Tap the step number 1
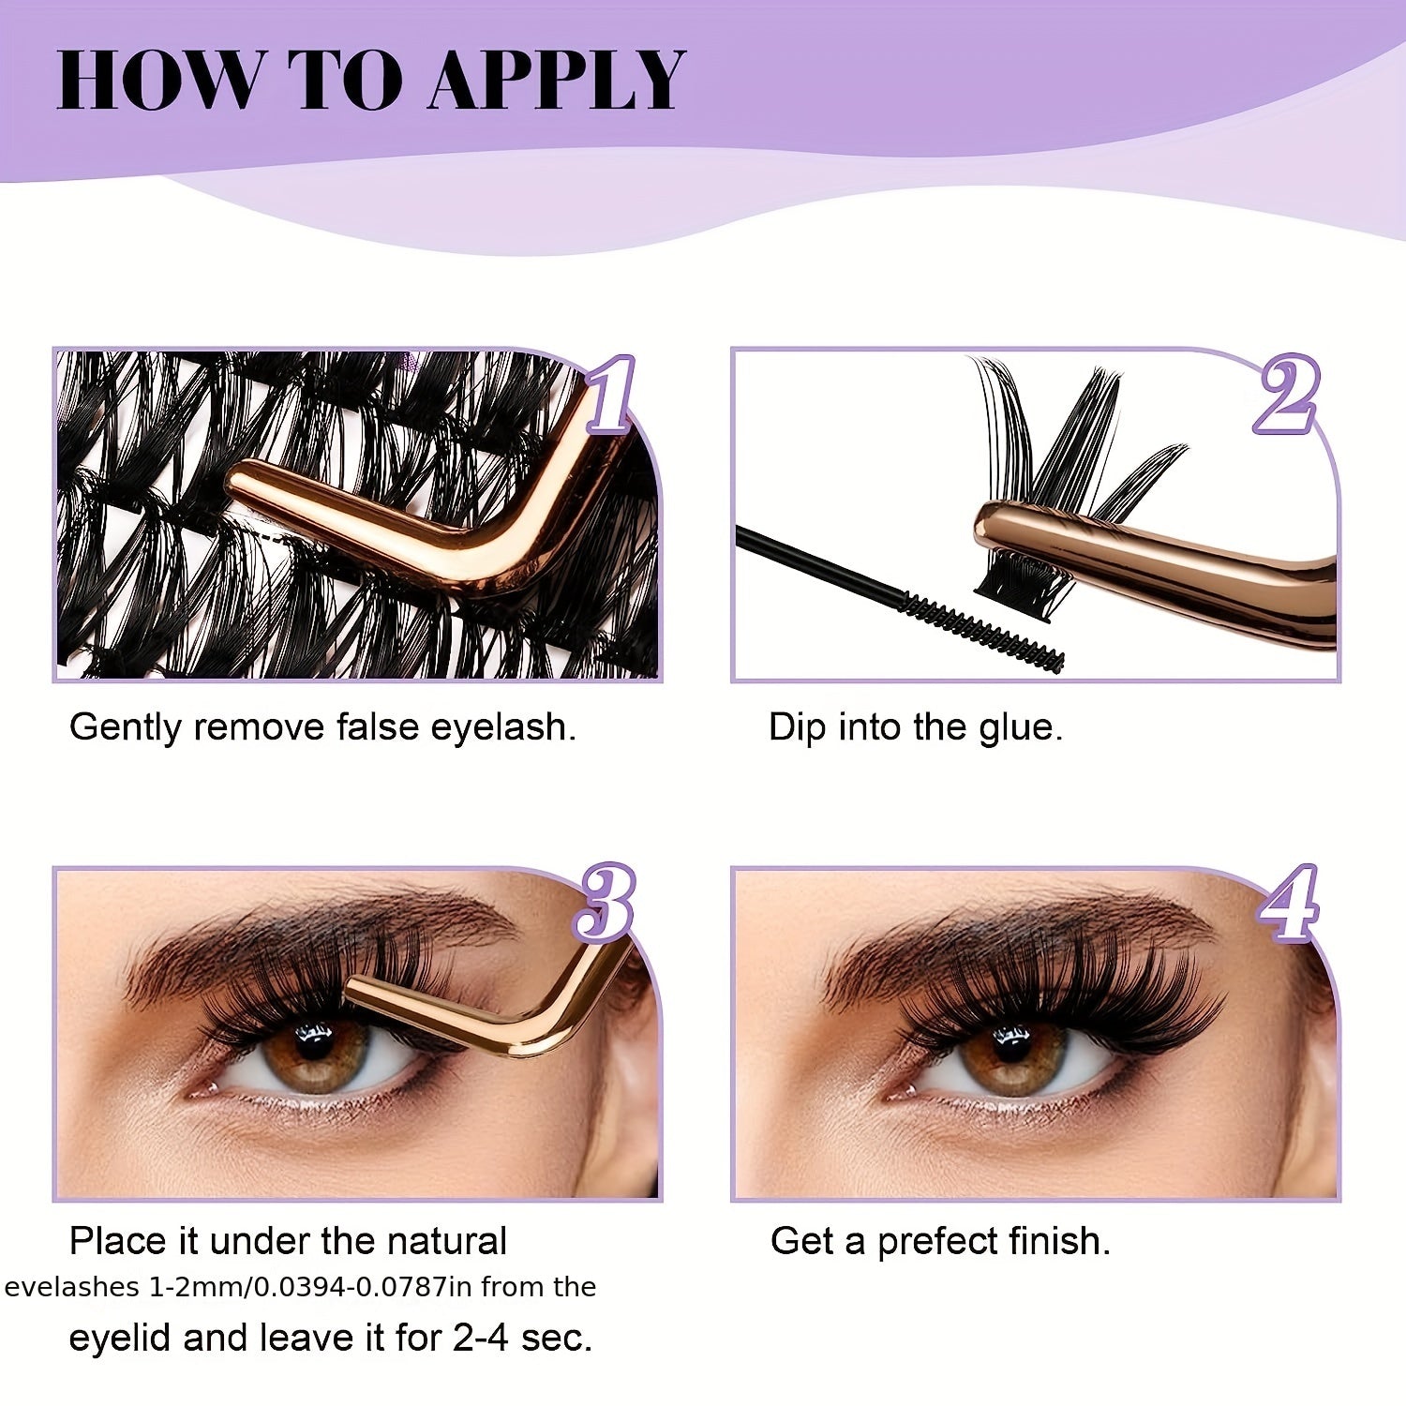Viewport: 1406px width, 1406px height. point(611,396)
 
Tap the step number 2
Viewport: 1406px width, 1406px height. point(1287,396)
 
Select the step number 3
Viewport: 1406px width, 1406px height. point(605,903)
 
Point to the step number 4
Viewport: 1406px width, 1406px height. point(1289,903)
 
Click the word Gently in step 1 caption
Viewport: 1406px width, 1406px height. point(125,728)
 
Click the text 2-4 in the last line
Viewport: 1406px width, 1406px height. point(482,1338)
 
